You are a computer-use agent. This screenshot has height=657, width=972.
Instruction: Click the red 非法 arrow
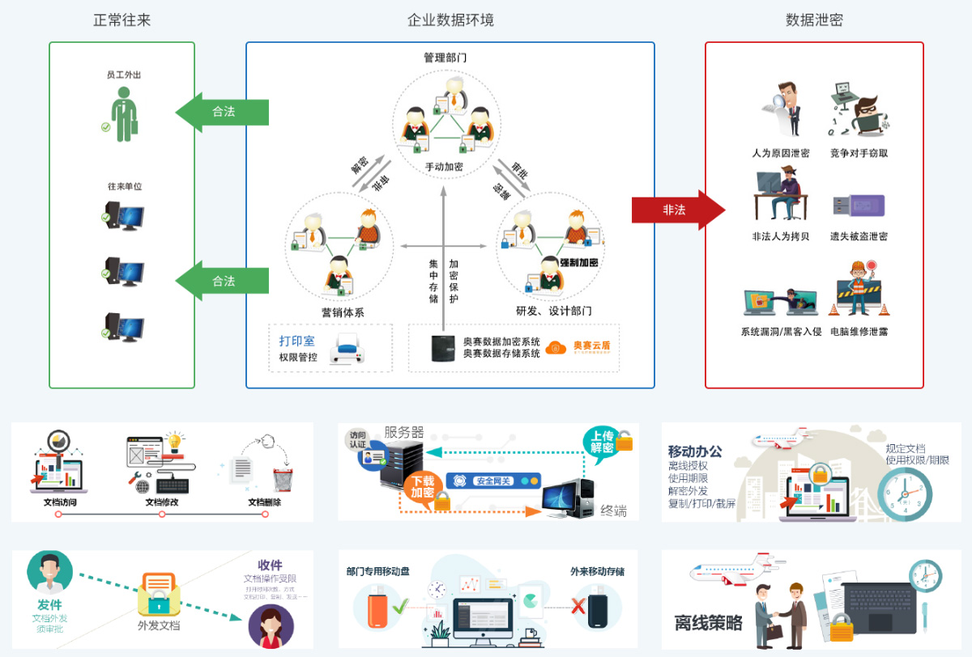click(676, 210)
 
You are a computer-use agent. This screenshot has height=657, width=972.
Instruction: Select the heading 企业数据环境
click(450, 20)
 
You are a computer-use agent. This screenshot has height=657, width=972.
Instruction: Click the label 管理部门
click(445, 58)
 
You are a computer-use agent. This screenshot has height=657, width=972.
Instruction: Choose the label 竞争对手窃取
click(859, 153)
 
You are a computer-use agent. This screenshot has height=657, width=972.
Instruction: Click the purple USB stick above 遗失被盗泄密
click(857, 206)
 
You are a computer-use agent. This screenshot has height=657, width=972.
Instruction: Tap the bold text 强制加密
click(578, 263)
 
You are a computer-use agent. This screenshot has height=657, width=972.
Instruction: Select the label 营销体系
click(343, 312)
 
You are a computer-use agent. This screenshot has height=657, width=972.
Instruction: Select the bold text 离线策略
click(709, 622)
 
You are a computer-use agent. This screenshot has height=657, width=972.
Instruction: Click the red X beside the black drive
click(578, 605)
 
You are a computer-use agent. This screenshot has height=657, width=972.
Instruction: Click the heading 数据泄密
click(814, 20)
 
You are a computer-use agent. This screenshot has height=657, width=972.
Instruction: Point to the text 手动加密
click(445, 167)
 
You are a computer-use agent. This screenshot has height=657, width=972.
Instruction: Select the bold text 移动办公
click(695, 451)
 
